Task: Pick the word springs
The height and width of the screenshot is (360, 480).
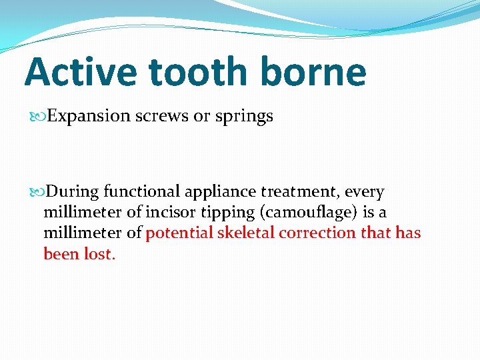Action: click(243, 117)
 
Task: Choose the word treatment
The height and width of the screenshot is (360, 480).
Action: click(305, 193)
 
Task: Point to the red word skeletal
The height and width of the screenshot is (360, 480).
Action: click(244, 233)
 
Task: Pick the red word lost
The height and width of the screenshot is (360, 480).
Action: click(100, 254)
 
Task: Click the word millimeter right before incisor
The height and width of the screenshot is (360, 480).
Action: click(82, 213)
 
